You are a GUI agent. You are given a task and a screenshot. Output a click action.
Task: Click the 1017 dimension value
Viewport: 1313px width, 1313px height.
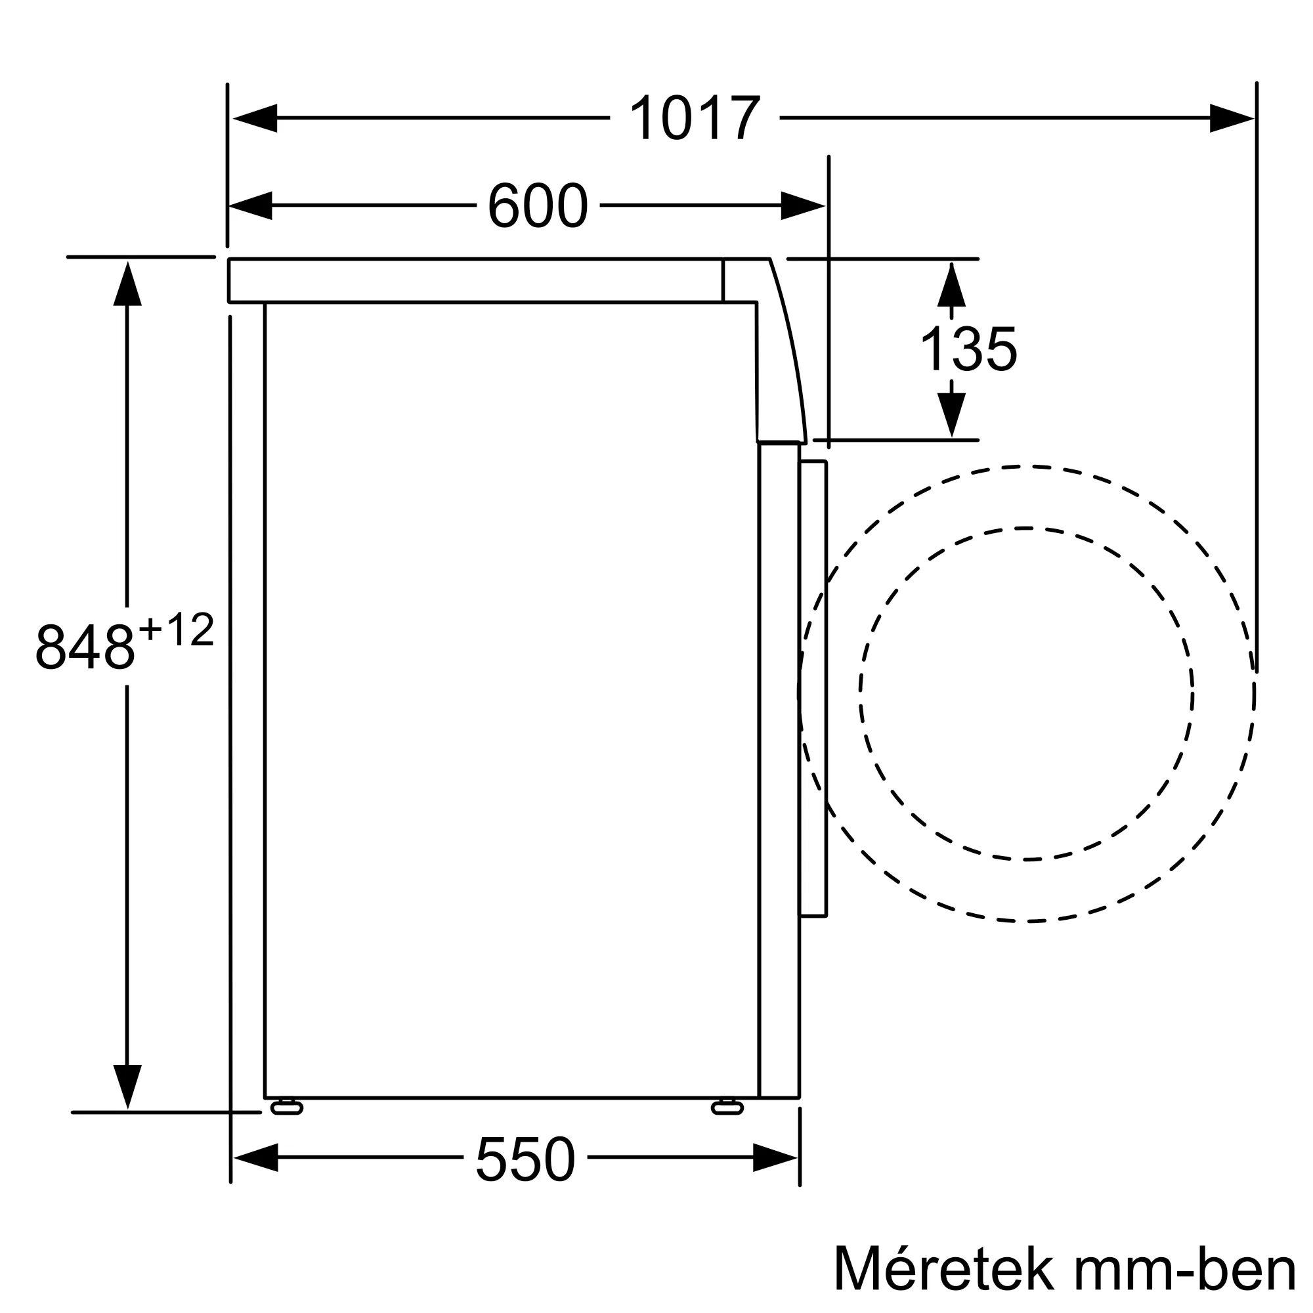click(695, 118)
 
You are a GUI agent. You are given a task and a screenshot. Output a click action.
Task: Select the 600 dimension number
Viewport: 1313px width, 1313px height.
click(538, 205)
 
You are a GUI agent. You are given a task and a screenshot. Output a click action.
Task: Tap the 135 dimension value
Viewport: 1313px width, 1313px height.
click(968, 349)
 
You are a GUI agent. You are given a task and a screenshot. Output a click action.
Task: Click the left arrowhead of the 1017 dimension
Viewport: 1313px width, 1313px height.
click(255, 118)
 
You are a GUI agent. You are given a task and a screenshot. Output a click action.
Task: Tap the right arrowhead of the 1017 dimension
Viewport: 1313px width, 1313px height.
click(1231, 118)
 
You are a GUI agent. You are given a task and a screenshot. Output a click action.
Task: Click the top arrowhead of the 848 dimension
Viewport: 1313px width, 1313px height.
click(127, 285)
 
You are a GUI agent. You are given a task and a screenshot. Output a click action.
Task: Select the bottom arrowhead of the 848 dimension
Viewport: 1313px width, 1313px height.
click(127, 1085)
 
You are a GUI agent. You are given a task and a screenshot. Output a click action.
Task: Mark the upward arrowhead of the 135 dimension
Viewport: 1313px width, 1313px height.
click(951, 286)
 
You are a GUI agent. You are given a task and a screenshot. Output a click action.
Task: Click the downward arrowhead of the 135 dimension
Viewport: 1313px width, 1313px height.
click(951, 414)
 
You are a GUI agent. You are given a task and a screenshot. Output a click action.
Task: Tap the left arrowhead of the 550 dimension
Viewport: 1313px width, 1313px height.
click(256, 1157)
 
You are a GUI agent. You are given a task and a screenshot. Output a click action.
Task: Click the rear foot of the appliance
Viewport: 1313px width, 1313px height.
click(287, 1108)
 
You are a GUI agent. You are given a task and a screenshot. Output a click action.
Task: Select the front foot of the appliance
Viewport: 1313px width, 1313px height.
click(727, 1108)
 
